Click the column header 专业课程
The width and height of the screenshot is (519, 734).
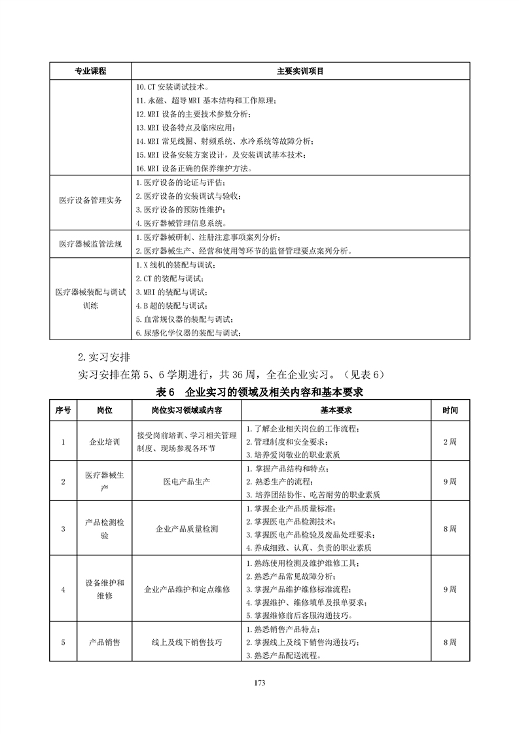[90, 71]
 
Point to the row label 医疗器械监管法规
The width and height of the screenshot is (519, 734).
[90, 243]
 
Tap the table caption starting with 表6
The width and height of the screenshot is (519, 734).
[260, 393]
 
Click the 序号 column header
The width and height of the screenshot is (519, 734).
[63, 411]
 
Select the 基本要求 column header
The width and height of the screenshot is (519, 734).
[336, 411]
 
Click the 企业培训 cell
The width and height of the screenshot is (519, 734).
[105, 442]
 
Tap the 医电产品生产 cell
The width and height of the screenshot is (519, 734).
[187, 481]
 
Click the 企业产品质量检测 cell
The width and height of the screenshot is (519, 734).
[187, 529]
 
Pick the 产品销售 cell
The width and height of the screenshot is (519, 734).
[105, 642]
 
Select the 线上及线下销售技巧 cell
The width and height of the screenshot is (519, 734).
[187, 642]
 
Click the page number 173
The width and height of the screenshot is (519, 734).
[259, 684]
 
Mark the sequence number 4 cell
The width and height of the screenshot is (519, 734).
[63, 589]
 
